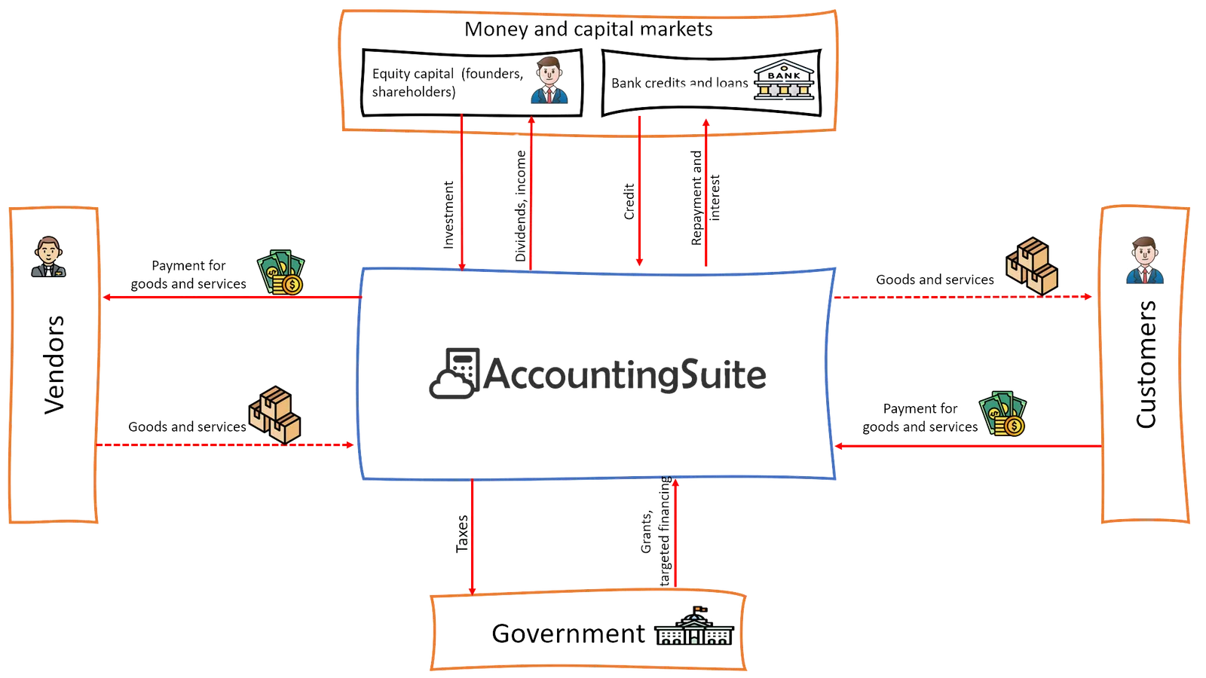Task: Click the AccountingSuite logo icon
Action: pyautogui.click(x=453, y=373)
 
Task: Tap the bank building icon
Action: pyautogui.click(x=785, y=81)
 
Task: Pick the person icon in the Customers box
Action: pyautogui.click(x=1144, y=261)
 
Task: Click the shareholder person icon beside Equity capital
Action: pyautogui.click(x=549, y=81)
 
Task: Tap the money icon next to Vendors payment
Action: pyautogui.click(x=282, y=273)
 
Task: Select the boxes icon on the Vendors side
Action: pyautogui.click(x=275, y=415)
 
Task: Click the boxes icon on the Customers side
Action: pyautogui.click(x=1032, y=265)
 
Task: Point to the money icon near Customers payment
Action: pyautogui.click(x=1003, y=414)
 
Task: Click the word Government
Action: pyautogui.click(x=567, y=634)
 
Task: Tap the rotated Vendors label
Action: pyautogui.click(x=55, y=365)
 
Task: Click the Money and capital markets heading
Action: pyautogui.click(x=589, y=29)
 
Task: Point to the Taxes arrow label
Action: pyautogui.click(x=464, y=534)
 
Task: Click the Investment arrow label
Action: pyautogui.click(x=448, y=215)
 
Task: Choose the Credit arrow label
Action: pyautogui.click(x=629, y=201)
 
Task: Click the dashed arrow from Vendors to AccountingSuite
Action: pyautogui.click(x=226, y=445)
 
